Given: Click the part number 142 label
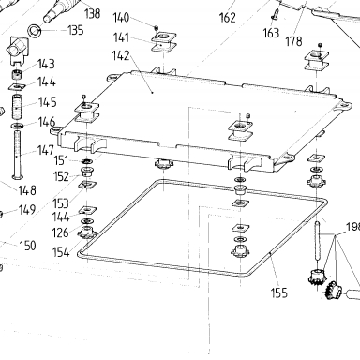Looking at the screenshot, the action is coord(121,55).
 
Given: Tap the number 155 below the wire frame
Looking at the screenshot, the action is coord(278,292).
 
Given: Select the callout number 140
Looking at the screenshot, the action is coord(121,18).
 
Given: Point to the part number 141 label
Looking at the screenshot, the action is coord(121,37).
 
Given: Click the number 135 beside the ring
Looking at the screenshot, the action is coord(76,30).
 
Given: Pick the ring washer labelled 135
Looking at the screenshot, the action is coord(34,31).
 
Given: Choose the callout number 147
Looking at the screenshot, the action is coord(46,150).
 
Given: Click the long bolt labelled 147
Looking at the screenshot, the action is coord(17,155).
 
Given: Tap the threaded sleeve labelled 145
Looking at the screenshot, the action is coord(17,107).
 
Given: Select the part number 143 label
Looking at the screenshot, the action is coord(46,64).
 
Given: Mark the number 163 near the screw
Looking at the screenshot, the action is coord(271,33).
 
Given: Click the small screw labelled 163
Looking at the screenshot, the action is coord(275,14).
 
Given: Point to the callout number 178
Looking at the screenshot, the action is coord(293,41).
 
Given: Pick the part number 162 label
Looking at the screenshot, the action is coord(228,18).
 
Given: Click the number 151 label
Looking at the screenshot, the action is coord(61,160).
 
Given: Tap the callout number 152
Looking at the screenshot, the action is coord(61,176).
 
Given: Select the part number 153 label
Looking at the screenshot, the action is coord(61,203).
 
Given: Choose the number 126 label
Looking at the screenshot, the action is coord(60,232).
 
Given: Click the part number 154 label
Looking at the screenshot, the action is coord(61,252).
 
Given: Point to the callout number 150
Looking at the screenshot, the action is coord(27,246).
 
